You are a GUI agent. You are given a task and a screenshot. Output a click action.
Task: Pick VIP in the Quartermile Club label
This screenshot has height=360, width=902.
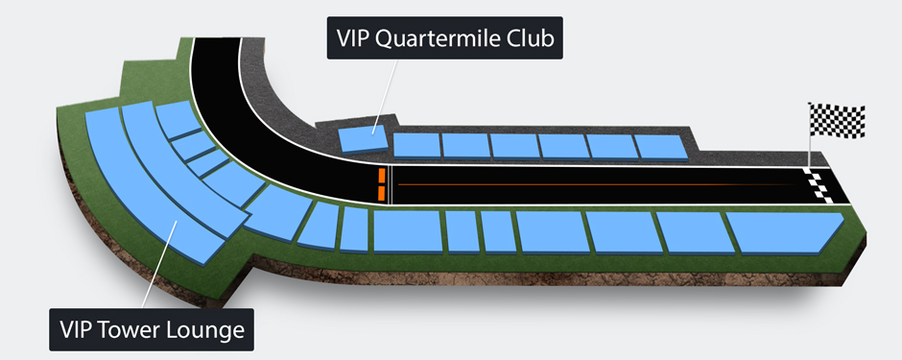click(356, 39)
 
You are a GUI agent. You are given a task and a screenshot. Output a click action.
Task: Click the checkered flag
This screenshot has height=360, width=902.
click(838, 121)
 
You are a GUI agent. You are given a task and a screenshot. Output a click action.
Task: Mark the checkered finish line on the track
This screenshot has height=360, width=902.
click(821, 184)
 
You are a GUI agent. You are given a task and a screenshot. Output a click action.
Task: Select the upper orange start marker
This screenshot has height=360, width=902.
click(381, 175)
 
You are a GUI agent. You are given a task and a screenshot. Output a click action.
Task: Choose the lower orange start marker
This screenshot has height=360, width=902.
click(381, 193)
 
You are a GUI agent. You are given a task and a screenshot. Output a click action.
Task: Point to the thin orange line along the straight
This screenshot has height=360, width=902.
click(595, 183)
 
